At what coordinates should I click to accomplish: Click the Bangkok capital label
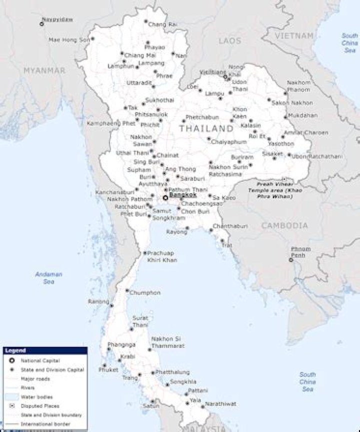[182, 195]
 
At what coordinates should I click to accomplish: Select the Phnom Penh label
[300, 252]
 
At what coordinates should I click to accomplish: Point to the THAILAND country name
[206, 129]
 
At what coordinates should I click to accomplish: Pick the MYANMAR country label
[44, 71]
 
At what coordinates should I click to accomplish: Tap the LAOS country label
[229, 41]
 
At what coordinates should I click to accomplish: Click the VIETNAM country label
[296, 36]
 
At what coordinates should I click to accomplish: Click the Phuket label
[108, 370]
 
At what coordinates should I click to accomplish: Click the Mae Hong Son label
[69, 39]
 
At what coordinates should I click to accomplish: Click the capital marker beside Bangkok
[165, 197]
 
